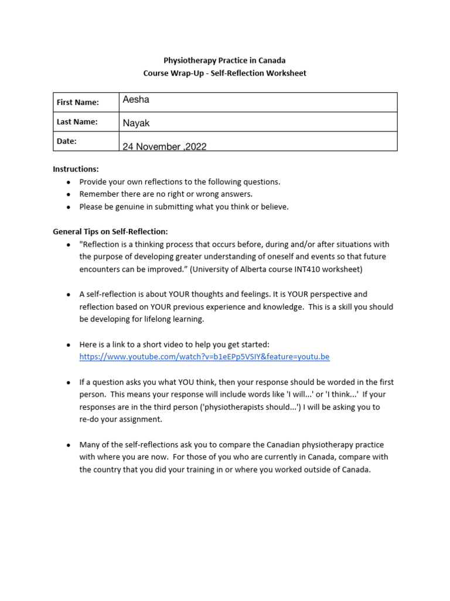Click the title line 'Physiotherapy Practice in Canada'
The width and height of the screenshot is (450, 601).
pos(224,60)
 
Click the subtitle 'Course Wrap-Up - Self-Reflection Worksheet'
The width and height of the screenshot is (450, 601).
pos(224,73)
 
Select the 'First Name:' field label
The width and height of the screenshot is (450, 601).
pos(77,102)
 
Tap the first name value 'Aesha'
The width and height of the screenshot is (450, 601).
pos(136,100)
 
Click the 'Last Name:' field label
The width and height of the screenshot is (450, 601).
pos(77,121)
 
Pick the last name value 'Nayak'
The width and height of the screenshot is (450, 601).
pos(137,123)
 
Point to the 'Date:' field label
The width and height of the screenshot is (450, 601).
pos(66,141)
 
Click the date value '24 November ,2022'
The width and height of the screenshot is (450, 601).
pos(164,147)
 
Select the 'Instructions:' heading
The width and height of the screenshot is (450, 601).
pos(76,169)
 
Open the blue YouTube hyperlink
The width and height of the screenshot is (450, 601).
pos(204,357)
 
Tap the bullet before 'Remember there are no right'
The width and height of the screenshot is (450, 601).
pos(69,194)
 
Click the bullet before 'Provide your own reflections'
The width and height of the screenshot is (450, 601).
pos(69,182)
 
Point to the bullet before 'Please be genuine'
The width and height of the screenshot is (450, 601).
pos(69,207)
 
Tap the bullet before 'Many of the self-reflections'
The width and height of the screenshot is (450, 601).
pos(69,445)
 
